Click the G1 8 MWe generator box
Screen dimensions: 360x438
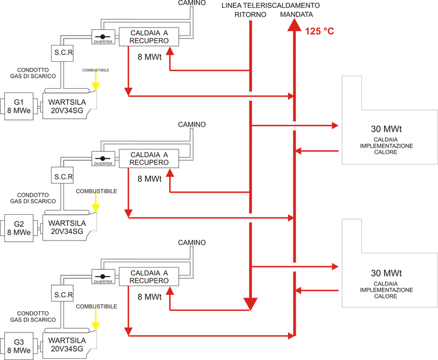[x=20, y=106]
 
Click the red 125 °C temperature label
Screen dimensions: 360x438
[x=319, y=31]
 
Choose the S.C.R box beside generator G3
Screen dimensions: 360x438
[x=63, y=295]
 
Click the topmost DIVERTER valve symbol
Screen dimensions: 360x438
[x=103, y=37]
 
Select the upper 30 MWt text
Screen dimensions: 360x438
[x=386, y=129]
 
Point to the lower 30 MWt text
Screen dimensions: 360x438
[x=386, y=273]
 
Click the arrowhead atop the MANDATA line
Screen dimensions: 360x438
[x=294, y=25]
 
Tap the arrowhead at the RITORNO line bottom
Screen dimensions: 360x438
[x=250, y=303]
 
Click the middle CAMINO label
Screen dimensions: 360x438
[x=192, y=124]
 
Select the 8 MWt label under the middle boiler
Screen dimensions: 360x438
[x=149, y=179]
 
